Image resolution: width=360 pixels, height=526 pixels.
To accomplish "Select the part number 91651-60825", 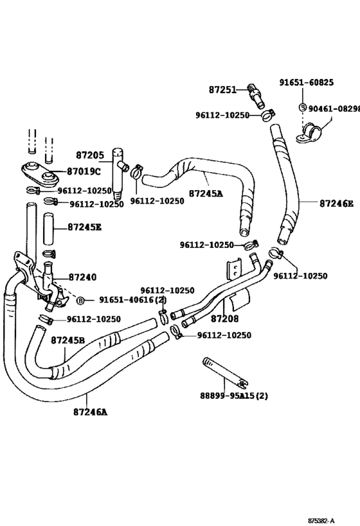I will click(x=306, y=82).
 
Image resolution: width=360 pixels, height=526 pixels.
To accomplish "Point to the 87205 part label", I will click(x=90, y=155).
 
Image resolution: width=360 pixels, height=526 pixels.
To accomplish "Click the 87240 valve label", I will click(x=82, y=277).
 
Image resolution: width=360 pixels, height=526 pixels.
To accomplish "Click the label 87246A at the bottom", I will click(x=90, y=412).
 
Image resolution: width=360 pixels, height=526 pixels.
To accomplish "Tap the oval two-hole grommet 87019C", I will click(x=37, y=172).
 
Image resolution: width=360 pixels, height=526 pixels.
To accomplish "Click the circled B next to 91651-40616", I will click(x=81, y=300).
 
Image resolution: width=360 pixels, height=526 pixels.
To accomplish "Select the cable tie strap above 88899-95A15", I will click(x=224, y=370).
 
